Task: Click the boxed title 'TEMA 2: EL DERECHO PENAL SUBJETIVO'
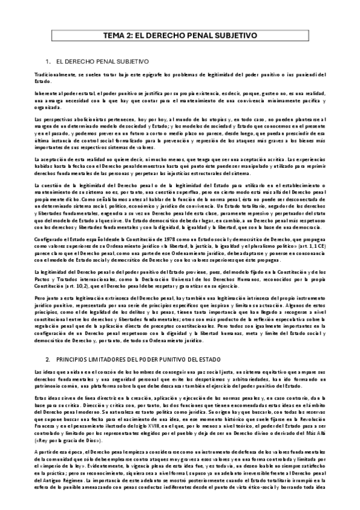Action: [180, 35]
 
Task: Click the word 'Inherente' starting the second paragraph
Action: [47, 95]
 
